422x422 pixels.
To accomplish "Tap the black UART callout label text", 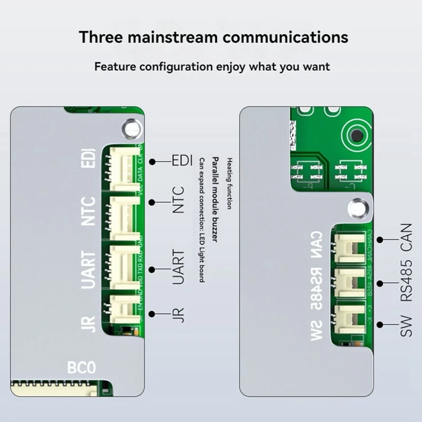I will [179, 267].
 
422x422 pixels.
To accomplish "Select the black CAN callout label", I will [407, 238].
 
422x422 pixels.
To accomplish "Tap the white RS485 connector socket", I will [350, 282].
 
